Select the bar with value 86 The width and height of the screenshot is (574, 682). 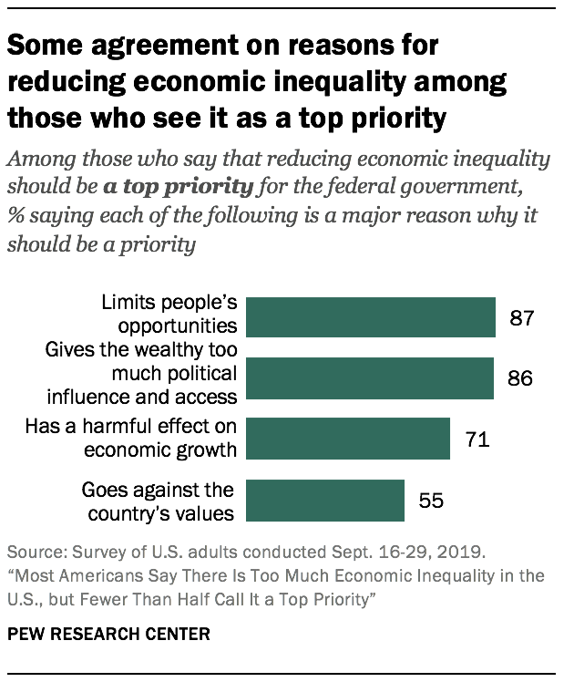(371, 377)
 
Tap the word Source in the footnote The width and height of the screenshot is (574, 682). (32, 553)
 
